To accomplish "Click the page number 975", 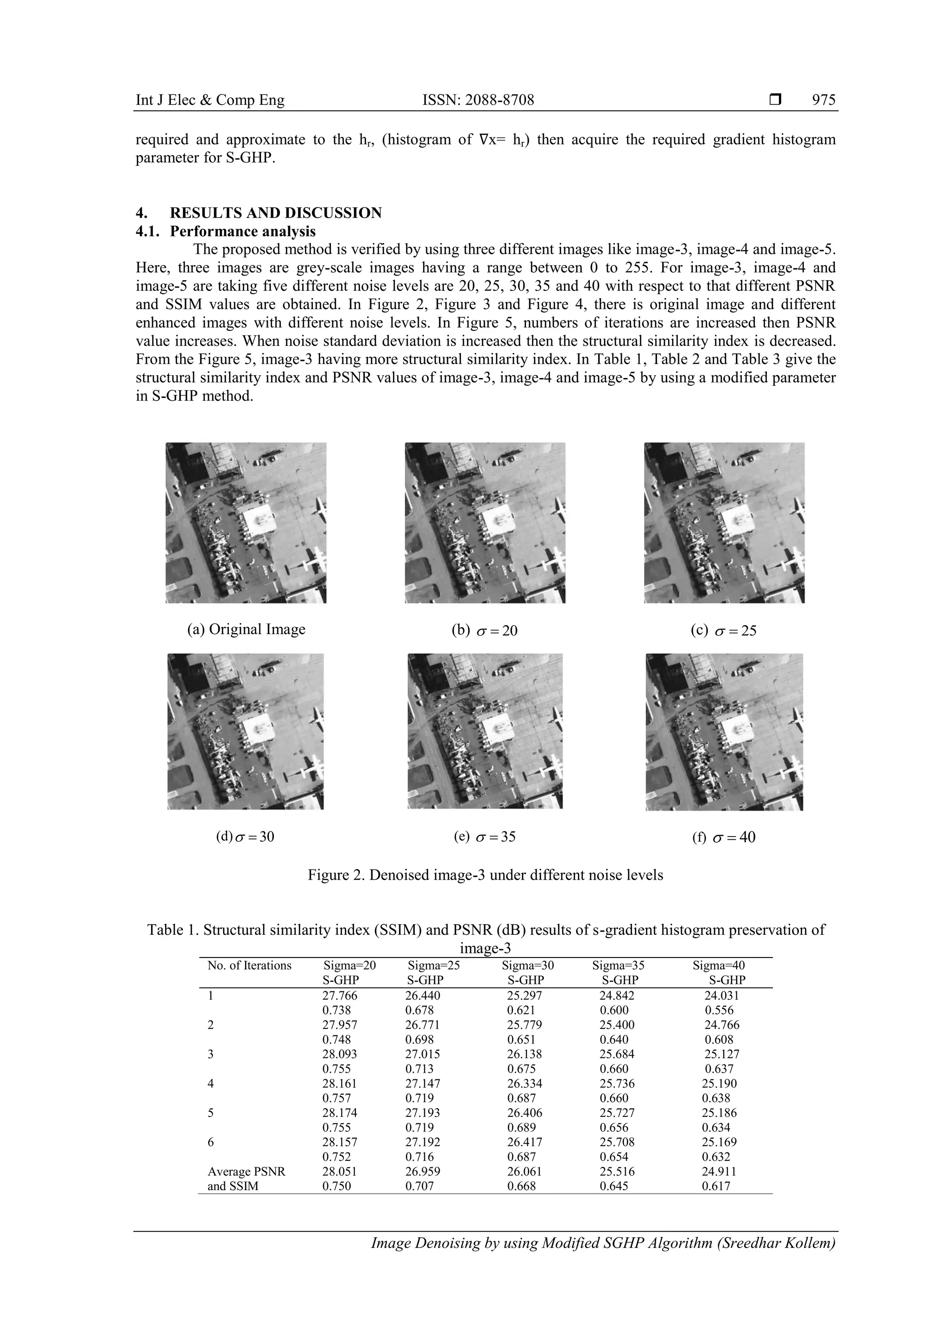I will tap(824, 100).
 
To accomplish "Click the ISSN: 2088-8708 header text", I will tap(478, 100).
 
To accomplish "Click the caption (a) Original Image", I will tap(246, 629).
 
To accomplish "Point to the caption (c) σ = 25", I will tap(723, 630).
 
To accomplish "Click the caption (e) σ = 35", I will tap(485, 837).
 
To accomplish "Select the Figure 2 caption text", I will tap(485, 875).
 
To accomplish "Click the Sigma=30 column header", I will tap(527, 965).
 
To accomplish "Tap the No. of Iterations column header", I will tap(249, 965).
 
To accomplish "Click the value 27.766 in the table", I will tap(340, 995).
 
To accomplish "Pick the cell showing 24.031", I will tap(721, 995).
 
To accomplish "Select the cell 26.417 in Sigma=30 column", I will tap(525, 1141).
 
